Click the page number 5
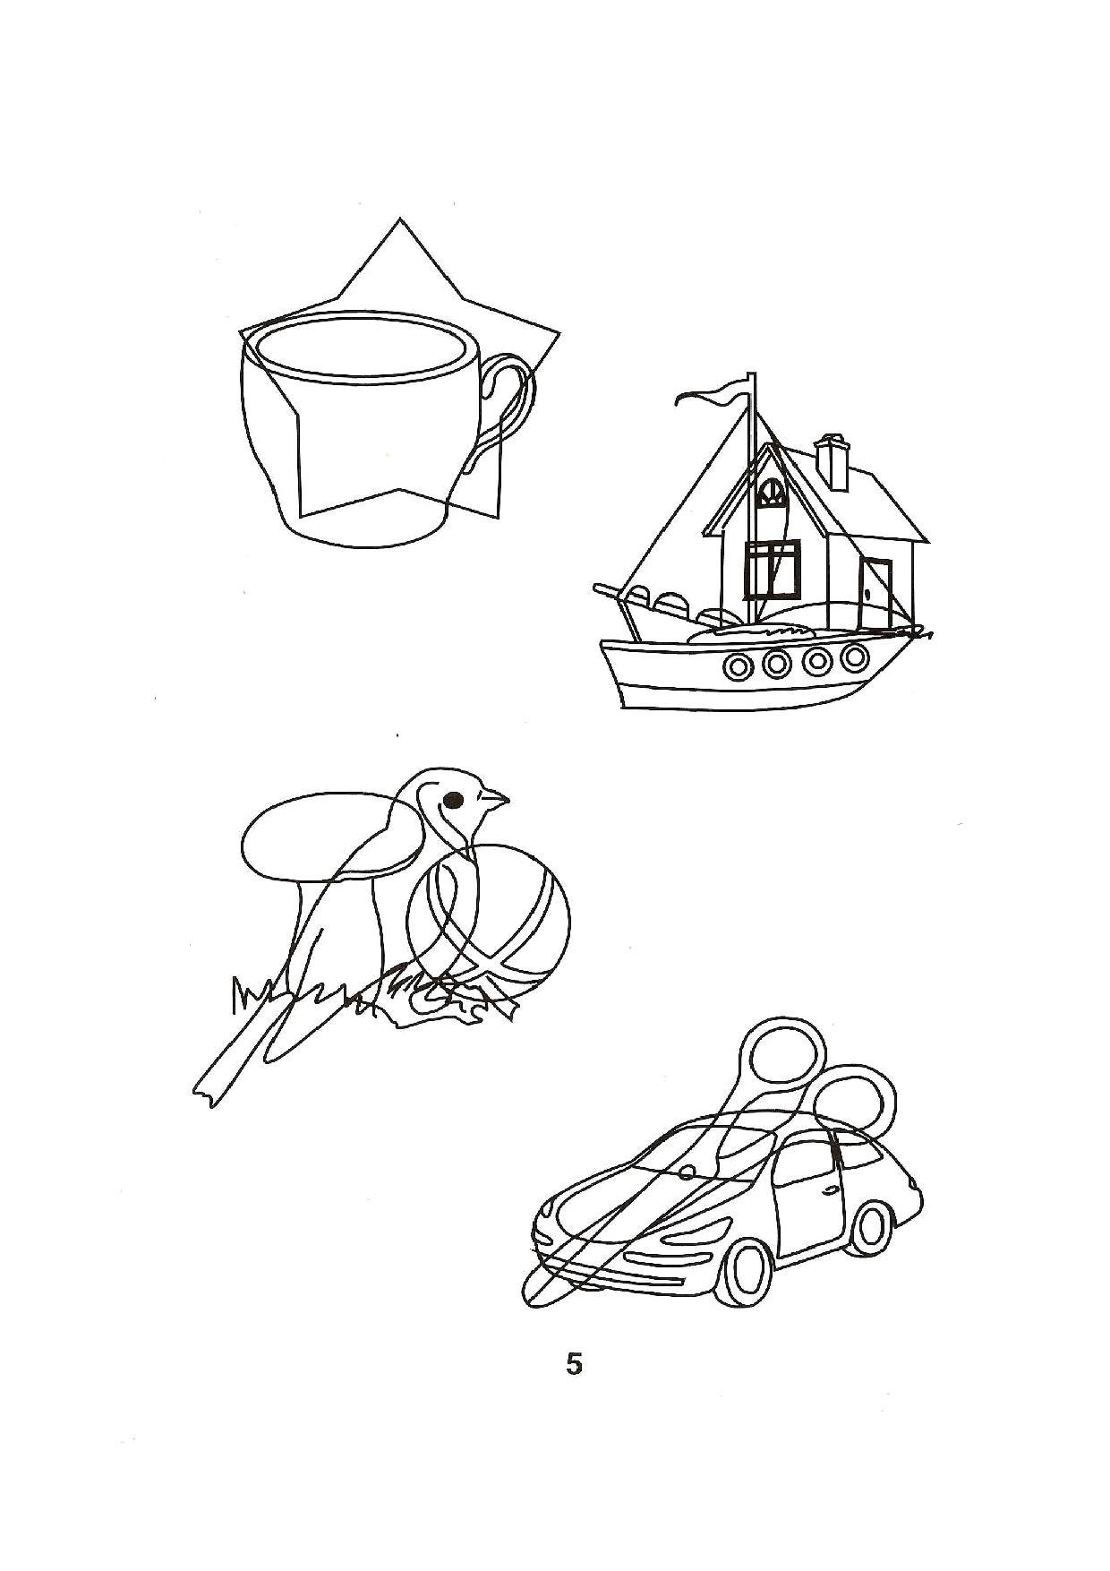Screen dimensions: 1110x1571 coord(574,1365)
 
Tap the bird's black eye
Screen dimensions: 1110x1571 coord(455,798)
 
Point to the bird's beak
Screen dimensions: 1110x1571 coord(497,797)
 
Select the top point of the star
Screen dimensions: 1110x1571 coord(398,218)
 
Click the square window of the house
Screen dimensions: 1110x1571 coord(772,571)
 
